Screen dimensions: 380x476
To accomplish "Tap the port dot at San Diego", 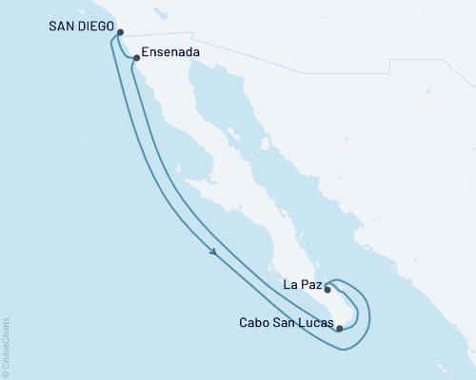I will (x=120, y=32).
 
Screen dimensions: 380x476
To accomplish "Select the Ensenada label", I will (x=169, y=53).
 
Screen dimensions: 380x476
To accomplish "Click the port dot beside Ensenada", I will (x=137, y=58).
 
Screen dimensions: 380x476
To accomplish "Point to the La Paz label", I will (x=302, y=282).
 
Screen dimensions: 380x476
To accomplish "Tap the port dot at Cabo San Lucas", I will (x=339, y=329).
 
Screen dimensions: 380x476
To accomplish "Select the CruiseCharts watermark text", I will (x=6, y=348).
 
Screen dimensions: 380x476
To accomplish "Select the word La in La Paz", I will (x=291, y=282).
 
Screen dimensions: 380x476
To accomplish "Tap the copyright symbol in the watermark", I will (x=6, y=374).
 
